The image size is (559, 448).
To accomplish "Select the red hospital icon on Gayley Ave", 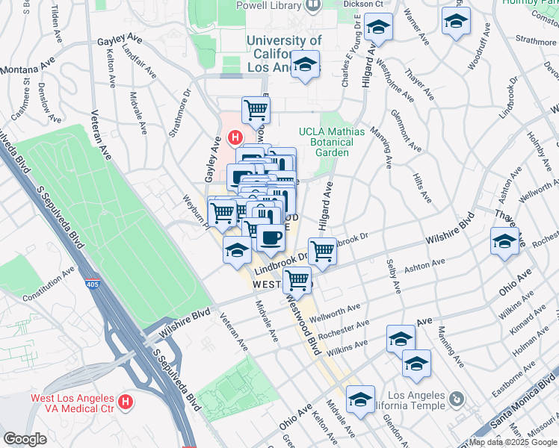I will (x=235, y=138).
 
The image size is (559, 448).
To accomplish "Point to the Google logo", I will (x=25, y=439).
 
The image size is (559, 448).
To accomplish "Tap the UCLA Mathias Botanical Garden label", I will (x=333, y=142).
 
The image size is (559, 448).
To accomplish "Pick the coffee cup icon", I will (x=270, y=238).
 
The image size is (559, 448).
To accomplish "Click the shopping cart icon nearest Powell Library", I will (x=256, y=110).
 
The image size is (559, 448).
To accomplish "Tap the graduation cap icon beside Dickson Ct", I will (x=379, y=28).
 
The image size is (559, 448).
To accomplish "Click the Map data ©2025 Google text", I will (x=513, y=442).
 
